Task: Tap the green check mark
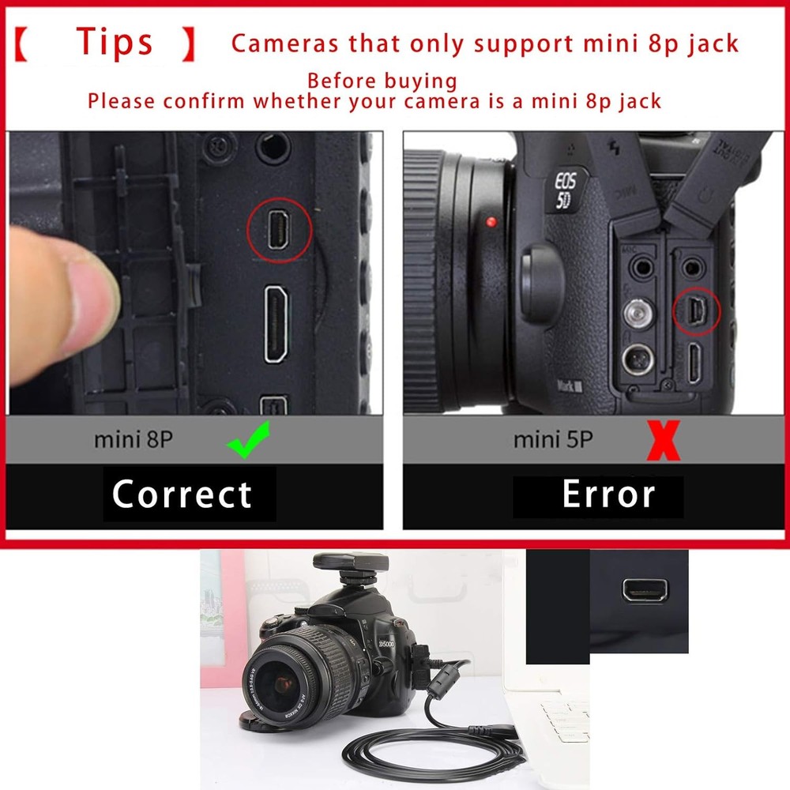pos(248,439)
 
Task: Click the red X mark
pos(663,441)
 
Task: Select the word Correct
pos(182,495)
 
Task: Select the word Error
pos(608,495)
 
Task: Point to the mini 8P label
pos(133,439)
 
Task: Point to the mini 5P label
pos(553,439)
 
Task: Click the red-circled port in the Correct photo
pos(279,230)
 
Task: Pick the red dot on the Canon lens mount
pos(492,222)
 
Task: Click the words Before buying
pos(382,81)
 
